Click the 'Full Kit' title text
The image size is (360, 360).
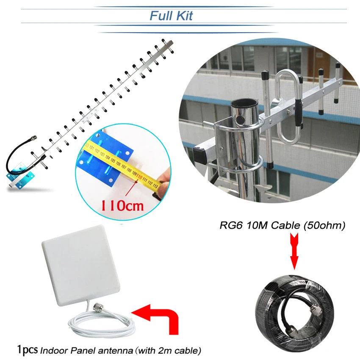tap(171, 16)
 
